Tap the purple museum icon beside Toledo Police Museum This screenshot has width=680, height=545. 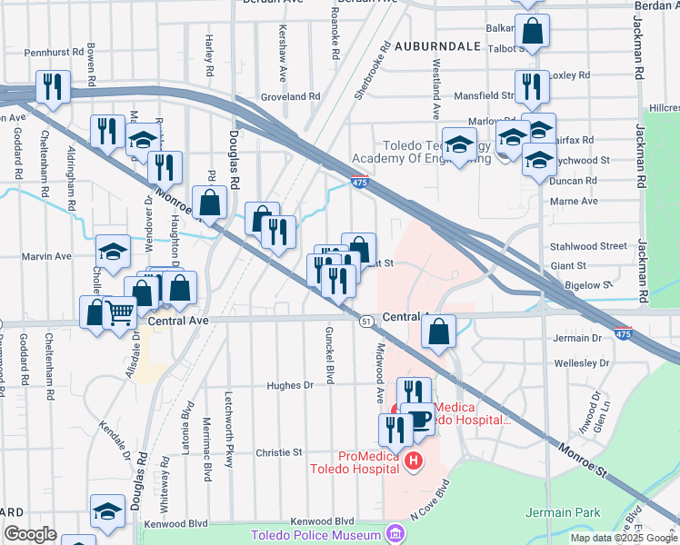pos(395,531)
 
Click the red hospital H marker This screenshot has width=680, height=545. pos(415,462)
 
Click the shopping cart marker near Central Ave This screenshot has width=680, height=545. pos(120,314)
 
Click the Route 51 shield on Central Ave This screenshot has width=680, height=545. pos(366,322)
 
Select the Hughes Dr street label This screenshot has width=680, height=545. pos(289,385)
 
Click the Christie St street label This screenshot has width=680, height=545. pos(278,452)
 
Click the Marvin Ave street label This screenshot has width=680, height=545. pos(50,256)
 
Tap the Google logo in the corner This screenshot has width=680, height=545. pos(30,534)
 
